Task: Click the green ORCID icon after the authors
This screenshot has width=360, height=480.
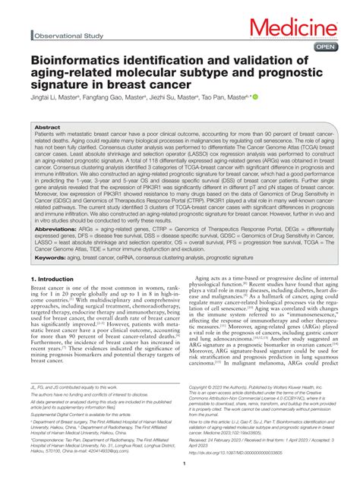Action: pyautogui.click(x=256, y=97)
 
